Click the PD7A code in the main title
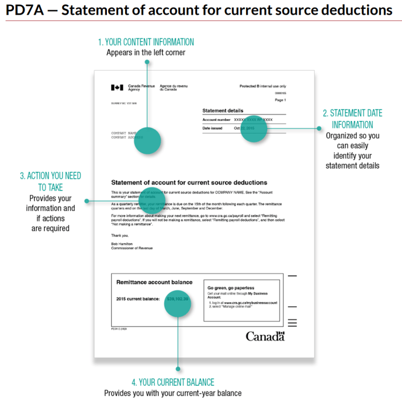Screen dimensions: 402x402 pos(23,10)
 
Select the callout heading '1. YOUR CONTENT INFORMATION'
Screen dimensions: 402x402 pos(146,42)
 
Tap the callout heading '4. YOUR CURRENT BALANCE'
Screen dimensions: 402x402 pos(172,382)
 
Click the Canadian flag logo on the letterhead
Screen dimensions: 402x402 pos(117,88)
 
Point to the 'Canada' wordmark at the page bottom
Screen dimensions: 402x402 pos(265,336)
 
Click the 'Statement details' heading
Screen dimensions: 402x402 pos(223,110)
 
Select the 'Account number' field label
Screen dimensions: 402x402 pos(216,120)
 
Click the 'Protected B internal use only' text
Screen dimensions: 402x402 pos(262,86)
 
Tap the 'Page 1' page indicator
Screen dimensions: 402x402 pos(280,100)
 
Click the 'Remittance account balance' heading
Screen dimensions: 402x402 pos(154,282)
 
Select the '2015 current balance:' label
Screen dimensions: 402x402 pos(138,299)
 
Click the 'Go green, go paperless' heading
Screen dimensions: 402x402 pos(232,287)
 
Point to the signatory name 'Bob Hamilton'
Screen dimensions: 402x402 pos(122,243)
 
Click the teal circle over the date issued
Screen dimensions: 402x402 pos(254,129)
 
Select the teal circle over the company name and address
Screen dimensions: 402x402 pos(147,140)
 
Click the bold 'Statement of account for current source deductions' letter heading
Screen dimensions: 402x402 pos(189,182)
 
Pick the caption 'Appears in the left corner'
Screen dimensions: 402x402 pos(145,53)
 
